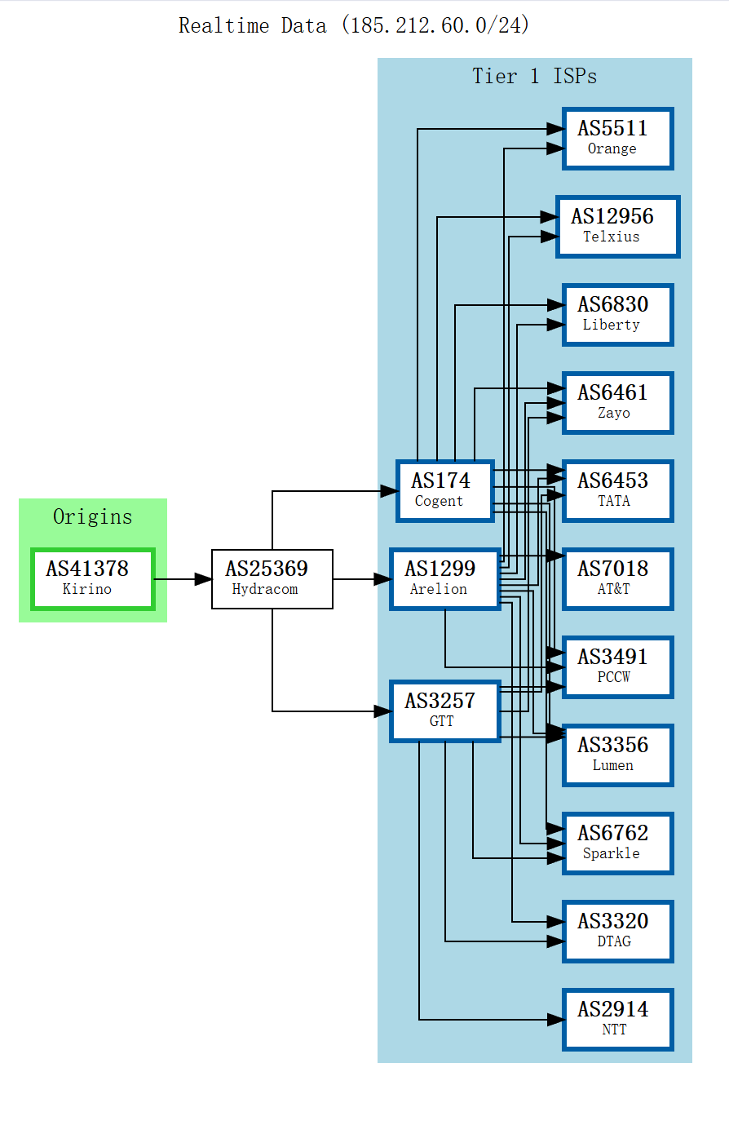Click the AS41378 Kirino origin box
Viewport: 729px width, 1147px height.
(x=93, y=579)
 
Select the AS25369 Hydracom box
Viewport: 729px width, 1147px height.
(x=272, y=579)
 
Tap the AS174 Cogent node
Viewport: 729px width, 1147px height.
(x=445, y=491)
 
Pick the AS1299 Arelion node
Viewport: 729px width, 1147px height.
(x=445, y=579)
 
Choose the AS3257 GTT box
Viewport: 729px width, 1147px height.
(x=445, y=711)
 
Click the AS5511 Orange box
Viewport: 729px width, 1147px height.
(x=618, y=138)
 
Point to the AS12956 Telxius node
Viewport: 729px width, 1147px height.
(x=618, y=226)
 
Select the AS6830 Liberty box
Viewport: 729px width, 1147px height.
(x=618, y=314)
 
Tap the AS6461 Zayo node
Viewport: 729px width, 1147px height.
(x=618, y=403)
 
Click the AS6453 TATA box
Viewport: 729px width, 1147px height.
(x=618, y=491)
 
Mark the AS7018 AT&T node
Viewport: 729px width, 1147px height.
(x=618, y=579)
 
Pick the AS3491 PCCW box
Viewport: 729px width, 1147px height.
(x=618, y=667)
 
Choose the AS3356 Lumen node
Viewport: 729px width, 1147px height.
(x=618, y=755)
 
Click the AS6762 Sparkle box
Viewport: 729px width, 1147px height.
(x=618, y=844)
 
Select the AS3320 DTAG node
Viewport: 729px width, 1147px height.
(x=618, y=932)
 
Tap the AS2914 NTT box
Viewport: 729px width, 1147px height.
(x=618, y=1020)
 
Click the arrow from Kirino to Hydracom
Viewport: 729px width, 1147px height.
(x=183, y=579)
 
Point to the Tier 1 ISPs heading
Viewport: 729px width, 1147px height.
(x=534, y=77)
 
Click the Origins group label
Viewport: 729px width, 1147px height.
(x=93, y=516)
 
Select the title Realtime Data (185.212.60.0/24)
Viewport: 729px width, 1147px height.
(x=354, y=25)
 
